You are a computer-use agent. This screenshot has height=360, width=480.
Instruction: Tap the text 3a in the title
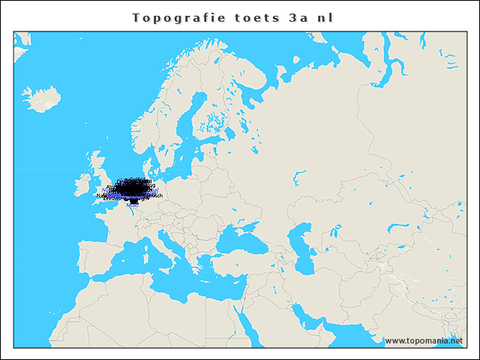click(x=298, y=17)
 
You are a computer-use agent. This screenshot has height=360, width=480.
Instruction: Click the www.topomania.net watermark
click(x=424, y=340)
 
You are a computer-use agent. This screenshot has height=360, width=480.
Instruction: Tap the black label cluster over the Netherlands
click(x=132, y=190)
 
